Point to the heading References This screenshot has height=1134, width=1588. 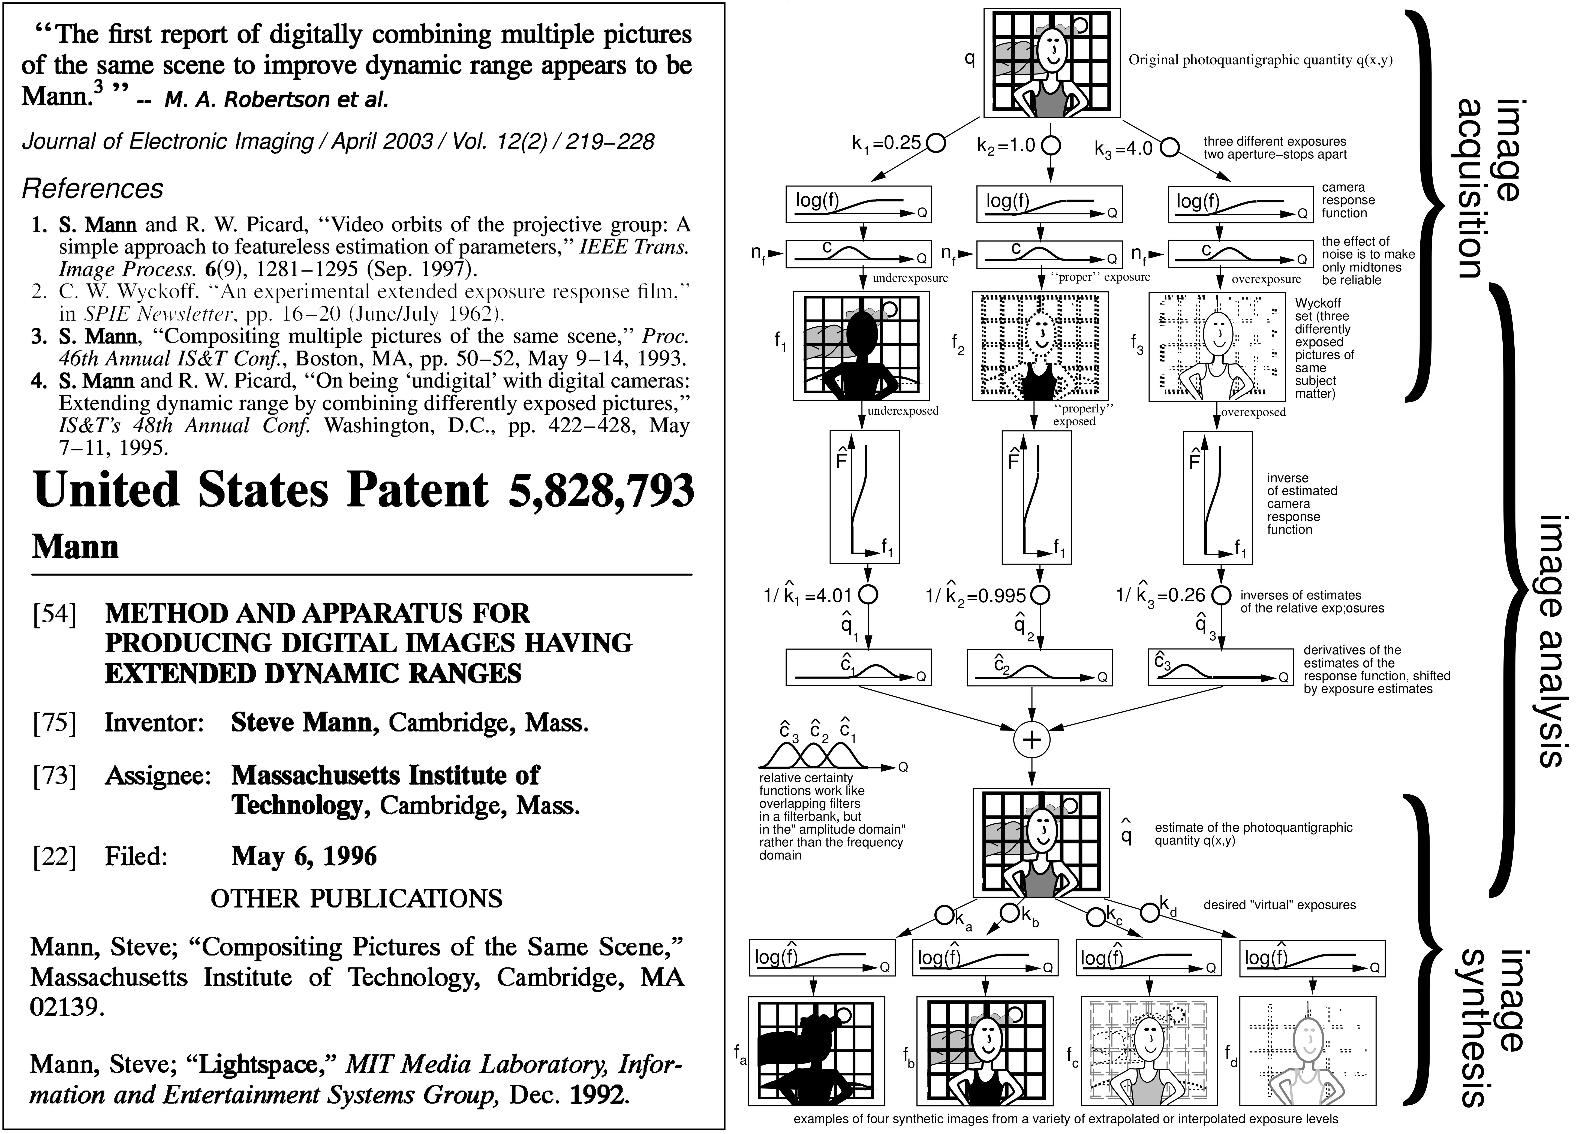pyautogui.click(x=93, y=189)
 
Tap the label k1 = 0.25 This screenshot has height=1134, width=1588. pyautogui.click(x=887, y=143)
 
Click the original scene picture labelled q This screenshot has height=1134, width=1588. pyautogui.click(x=1052, y=63)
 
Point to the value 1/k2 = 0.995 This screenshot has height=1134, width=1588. pyautogui.click(x=976, y=596)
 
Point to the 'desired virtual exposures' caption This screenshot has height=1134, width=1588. pyautogui.click(x=1279, y=905)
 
